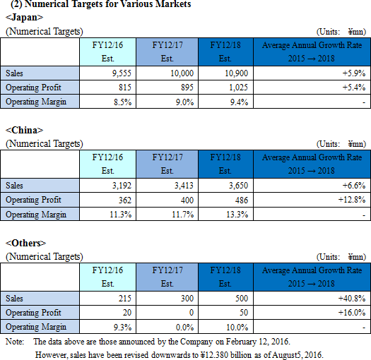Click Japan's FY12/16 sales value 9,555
pos(122,73)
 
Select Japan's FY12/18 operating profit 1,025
pos(238,88)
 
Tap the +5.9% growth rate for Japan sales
pos(354,73)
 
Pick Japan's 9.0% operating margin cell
pos(184,102)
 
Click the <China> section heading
pos(24,131)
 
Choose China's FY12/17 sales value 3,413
pos(184,186)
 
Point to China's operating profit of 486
pos(242,200)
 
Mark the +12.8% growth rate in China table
pos(352,200)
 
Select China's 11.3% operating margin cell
pos(120,215)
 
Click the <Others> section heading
pos(25,243)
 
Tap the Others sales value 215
pos(124,299)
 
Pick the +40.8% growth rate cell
pos(352,299)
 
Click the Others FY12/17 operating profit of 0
pos(192,313)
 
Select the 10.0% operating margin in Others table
pos(237,327)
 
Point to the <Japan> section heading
pos(24,17)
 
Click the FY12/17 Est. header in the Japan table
pos(167,52)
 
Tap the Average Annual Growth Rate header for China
pos(312,164)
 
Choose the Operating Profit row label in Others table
pos(33,313)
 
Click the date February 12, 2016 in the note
pos(258,342)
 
